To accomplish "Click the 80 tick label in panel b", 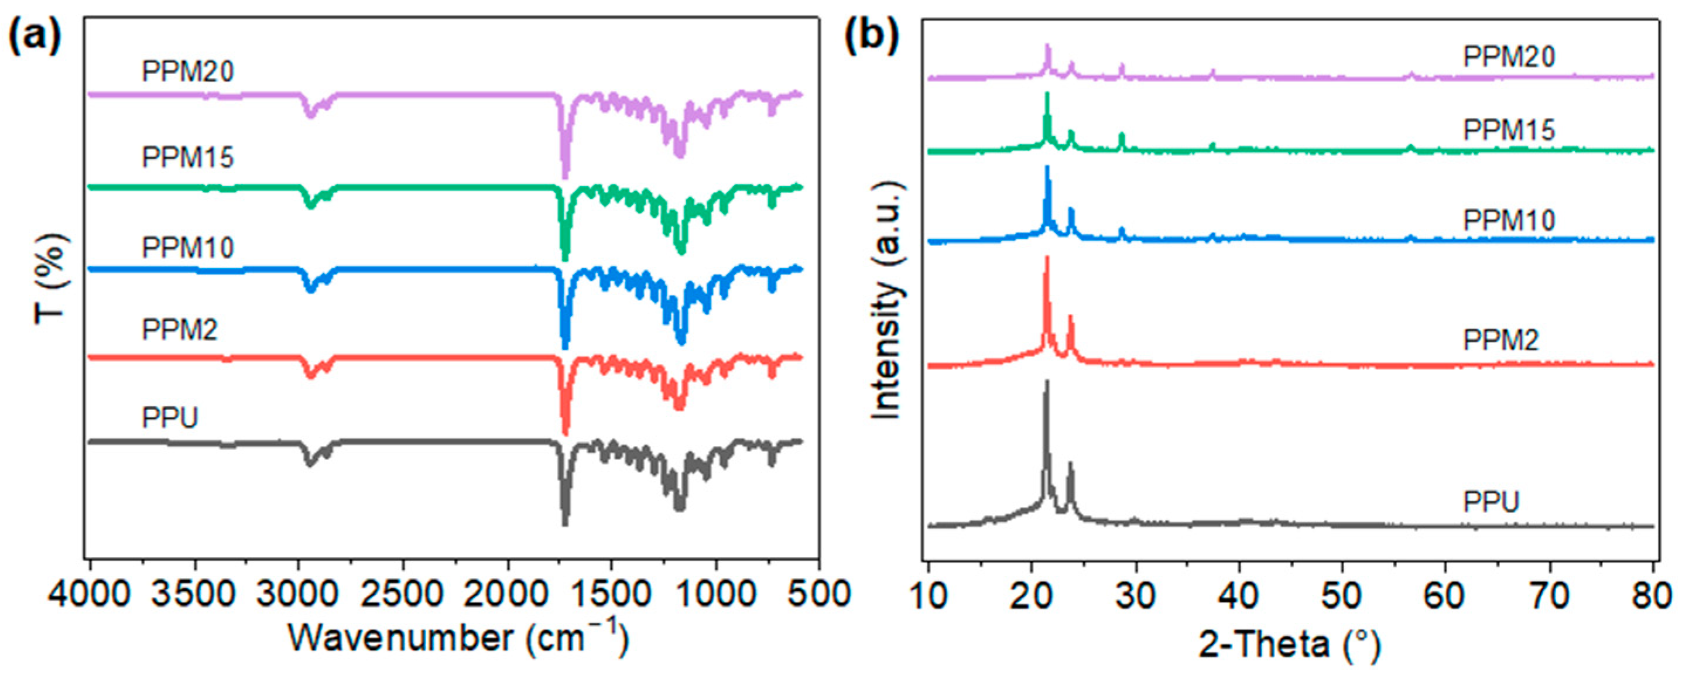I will [x=1652, y=596].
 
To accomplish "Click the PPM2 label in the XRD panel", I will [x=1501, y=340].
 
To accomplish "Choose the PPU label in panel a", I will [x=170, y=418].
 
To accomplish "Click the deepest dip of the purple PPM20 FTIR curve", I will [x=565, y=176].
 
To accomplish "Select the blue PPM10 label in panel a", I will [x=188, y=248].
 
